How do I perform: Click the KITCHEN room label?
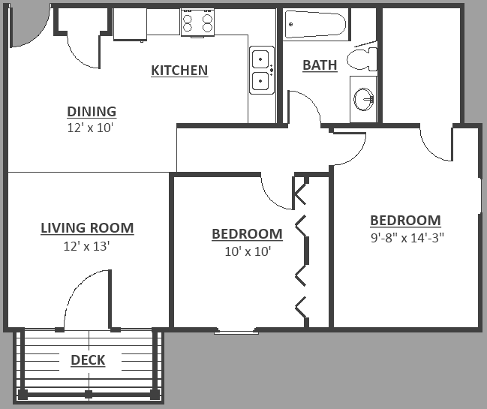point(179,71)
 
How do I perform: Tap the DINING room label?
point(92,112)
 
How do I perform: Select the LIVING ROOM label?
point(87,228)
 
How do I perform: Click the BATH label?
point(320,65)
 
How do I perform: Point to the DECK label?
point(88,360)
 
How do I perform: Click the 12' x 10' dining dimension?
point(92,128)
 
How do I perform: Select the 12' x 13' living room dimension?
point(87,245)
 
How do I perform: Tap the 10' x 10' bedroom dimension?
point(247,251)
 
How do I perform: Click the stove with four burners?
point(197,22)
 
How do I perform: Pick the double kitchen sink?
point(261,70)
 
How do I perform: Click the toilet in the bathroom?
point(365,59)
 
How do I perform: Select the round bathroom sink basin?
point(364,98)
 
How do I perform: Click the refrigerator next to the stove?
point(130,24)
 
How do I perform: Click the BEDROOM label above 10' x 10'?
point(247,234)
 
